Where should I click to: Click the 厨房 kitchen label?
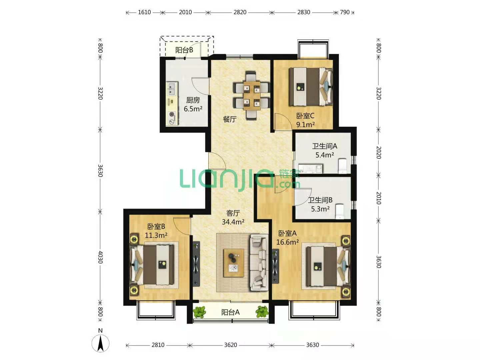[x=193, y=100]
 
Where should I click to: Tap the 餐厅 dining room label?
[x=230, y=119]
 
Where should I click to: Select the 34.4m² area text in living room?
[x=233, y=222]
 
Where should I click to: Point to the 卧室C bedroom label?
[x=305, y=116]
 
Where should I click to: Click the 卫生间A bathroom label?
[x=325, y=146]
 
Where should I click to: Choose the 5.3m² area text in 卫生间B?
[x=320, y=209]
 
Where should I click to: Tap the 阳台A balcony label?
[x=230, y=312]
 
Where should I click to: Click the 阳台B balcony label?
[x=184, y=50]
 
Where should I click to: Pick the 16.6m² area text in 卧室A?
[x=288, y=242]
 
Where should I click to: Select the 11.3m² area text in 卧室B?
[x=156, y=235]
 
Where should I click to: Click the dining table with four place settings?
[x=252, y=96]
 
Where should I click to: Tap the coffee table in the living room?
[x=234, y=263]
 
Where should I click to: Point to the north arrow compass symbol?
[x=100, y=343]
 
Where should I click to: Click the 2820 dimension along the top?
[x=240, y=12]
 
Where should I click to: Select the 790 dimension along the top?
[x=345, y=12]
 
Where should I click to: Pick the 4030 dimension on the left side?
[x=100, y=257]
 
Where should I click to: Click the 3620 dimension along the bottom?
[x=230, y=345]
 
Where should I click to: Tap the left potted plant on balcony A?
[x=199, y=312]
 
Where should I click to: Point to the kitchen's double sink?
[x=172, y=89]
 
